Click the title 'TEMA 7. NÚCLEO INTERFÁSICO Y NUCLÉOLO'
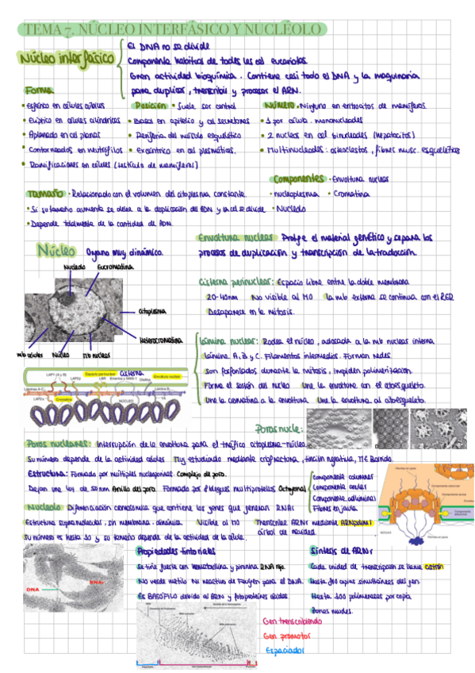pos(171,29)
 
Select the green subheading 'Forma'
pos(36,90)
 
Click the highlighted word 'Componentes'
pos(297,179)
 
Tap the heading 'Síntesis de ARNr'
pos(336,552)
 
